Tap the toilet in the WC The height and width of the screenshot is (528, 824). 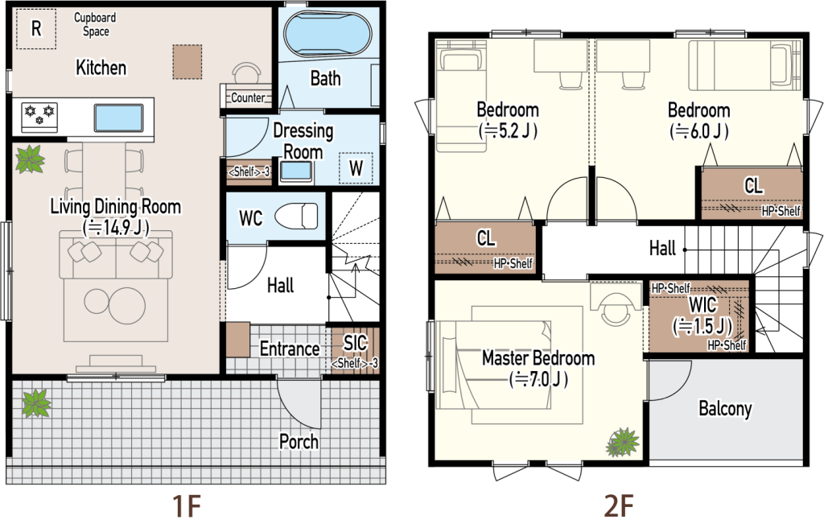click(296, 217)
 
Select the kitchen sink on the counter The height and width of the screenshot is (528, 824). click(118, 118)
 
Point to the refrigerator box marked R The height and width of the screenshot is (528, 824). click(35, 28)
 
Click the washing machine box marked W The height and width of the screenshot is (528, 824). click(356, 168)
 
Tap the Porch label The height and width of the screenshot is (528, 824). click(299, 442)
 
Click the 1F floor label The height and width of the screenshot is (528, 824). click(187, 506)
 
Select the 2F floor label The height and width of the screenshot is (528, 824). click(618, 506)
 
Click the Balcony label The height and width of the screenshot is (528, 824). click(725, 409)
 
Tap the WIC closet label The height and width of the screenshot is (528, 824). click(702, 304)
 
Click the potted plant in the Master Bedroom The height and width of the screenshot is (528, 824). click(624, 442)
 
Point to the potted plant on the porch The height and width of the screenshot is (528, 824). click(36, 403)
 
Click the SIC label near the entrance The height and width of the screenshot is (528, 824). click(355, 343)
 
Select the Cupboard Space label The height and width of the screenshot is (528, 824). click(95, 24)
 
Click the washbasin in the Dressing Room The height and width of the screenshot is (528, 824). click(296, 171)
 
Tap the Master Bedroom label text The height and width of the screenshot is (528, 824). click(538, 358)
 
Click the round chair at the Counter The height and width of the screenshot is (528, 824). click(246, 74)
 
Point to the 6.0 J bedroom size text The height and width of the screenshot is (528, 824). click(699, 131)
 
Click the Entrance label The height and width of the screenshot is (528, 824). click(290, 349)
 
